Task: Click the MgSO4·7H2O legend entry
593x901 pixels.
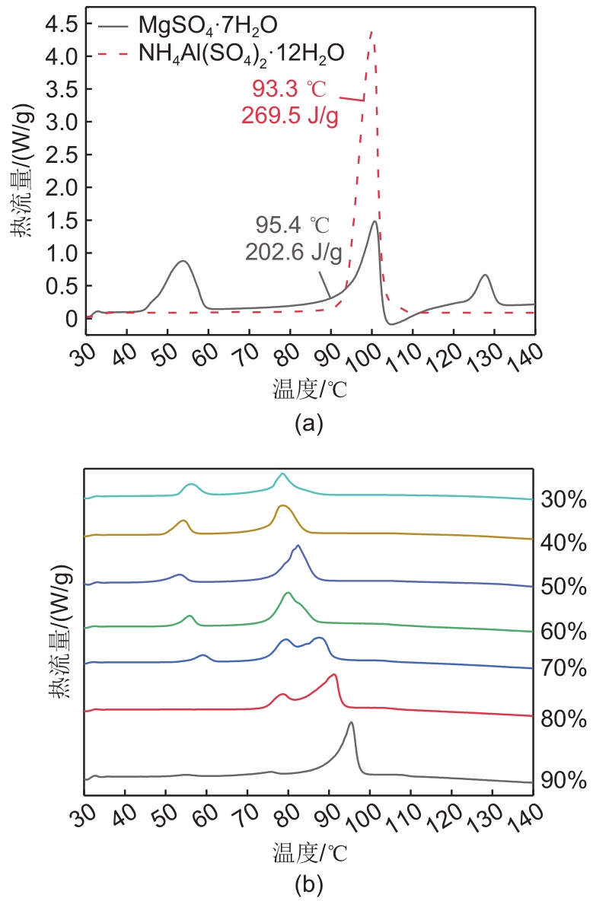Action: pyautogui.click(x=201, y=26)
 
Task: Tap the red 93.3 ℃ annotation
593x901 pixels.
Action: pyautogui.click(x=289, y=89)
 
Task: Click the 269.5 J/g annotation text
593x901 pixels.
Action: pyautogui.click(x=289, y=116)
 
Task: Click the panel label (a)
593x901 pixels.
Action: pyautogui.click(x=309, y=424)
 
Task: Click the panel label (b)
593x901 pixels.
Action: pyautogui.click(x=309, y=884)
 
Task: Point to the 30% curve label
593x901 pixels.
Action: pyautogui.click(x=563, y=500)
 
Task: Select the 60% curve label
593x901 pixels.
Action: pyautogui.click(x=563, y=632)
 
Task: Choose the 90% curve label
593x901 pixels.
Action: pyautogui.click(x=563, y=781)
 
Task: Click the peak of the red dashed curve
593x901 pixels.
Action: pyautogui.click(x=372, y=32)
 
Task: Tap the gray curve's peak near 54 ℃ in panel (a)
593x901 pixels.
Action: pyautogui.click(x=183, y=261)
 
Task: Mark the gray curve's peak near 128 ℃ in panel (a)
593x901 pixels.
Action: pyautogui.click(x=484, y=275)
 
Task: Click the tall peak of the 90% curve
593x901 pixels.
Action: pyautogui.click(x=351, y=723)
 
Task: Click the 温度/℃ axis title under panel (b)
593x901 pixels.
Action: pyautogui.click(x=308, y=851)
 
